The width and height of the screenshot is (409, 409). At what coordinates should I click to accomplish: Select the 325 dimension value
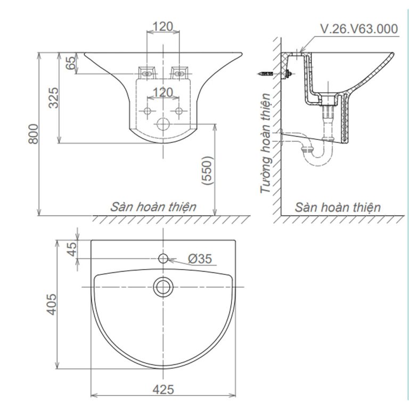pos(54,97)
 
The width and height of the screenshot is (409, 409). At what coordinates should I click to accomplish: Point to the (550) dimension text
pos(208,170)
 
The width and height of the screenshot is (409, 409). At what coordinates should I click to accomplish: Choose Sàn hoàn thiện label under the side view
pos(338,207)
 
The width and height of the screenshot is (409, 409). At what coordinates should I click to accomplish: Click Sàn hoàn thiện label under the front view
pos(153,207)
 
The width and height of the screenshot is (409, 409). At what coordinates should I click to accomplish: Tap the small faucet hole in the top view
pos(163,259)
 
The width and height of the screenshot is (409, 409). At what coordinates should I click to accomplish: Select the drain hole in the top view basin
pos(162,287)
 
